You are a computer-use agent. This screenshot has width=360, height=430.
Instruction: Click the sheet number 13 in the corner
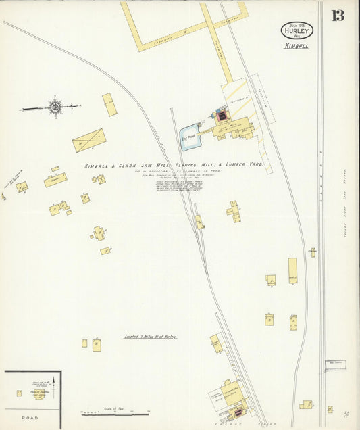(x=337, y=15)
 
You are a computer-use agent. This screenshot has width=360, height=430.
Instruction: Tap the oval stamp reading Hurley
(x=297, y=31)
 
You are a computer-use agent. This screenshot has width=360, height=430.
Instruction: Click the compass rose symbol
(x=54, y=106)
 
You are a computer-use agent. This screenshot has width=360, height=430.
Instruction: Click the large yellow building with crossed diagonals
(x=88, y=140)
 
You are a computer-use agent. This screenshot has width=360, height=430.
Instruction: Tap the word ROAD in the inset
(x=30, y=419)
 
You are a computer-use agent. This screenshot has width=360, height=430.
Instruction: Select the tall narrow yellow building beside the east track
(x=292, y=270)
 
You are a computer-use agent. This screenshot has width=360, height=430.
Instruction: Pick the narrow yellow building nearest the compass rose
(x=109, y=104)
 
